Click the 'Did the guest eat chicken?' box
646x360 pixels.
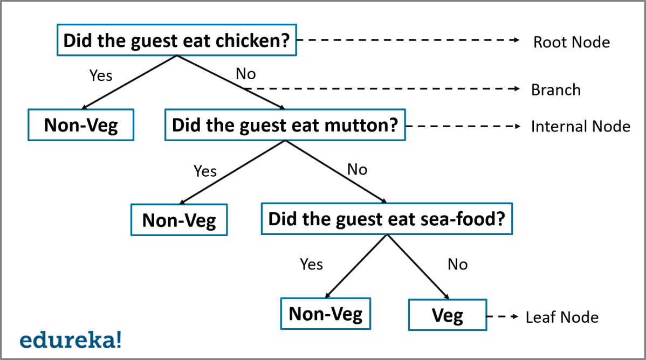click(176, 40)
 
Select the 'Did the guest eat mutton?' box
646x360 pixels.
click(284, 126)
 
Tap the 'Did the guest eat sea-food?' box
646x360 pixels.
click(386, 219)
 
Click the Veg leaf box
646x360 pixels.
click(448, 315)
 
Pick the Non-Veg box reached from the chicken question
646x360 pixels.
click(81, 125)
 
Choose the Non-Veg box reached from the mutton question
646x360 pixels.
click(179, 220)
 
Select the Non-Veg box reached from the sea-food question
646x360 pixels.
click(325, 314)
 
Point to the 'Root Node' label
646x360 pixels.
click(572, 42)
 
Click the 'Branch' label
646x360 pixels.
click(555, 89)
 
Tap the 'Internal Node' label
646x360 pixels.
click(580, 126)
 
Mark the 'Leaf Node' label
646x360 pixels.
click(562, 317)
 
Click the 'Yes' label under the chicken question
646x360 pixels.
click(100, 75)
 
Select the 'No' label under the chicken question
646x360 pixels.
click(246, 73)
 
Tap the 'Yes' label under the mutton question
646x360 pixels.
click(205, 171)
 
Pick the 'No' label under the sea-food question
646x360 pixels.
click(457, 264)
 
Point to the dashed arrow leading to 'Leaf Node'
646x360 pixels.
click(504, 316)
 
